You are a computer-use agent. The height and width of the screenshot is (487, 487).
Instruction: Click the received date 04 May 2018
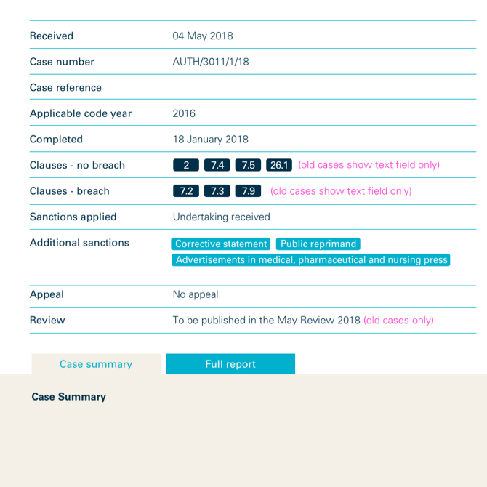203,36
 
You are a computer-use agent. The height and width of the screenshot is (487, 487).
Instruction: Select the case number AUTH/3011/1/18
211,62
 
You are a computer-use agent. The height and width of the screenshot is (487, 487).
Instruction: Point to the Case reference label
65,88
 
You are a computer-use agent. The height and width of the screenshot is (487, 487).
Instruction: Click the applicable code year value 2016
184,113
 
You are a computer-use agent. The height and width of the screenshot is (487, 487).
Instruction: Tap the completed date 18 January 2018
210,140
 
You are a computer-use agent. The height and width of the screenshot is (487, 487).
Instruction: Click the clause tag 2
186,165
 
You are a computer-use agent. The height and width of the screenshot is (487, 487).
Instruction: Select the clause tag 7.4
217,165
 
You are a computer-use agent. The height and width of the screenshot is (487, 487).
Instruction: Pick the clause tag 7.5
248,165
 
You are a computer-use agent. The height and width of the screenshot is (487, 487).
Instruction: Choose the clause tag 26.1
279,165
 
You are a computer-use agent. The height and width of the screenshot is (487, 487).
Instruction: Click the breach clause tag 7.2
186,191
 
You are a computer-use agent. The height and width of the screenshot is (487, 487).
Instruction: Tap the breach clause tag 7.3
217,191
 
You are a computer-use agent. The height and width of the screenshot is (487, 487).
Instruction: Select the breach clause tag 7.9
248,191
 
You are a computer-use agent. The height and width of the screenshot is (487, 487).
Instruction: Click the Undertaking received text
221,217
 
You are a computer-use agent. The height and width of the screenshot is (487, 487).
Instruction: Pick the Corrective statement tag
221,244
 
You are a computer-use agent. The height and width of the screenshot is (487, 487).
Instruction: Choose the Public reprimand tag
318,244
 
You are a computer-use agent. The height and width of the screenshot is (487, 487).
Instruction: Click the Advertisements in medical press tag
311,259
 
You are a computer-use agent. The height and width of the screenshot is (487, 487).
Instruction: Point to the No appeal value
196,294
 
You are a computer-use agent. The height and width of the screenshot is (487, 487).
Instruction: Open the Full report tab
230,364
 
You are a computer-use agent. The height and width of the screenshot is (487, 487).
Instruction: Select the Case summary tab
96,364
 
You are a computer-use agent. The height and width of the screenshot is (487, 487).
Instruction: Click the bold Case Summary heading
69,397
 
